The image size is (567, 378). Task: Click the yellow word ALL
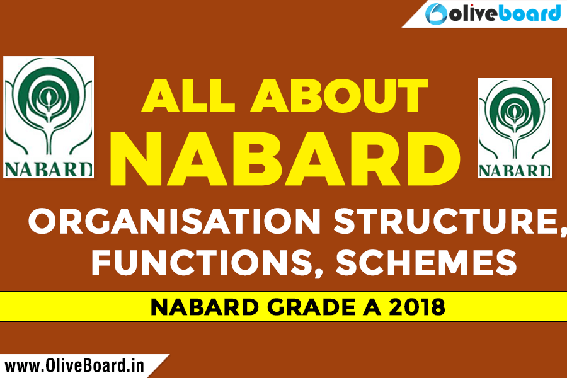pyautogui.click(x=188, y=95)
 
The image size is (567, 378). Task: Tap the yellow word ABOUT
pyautogui.click(x=340, y=95)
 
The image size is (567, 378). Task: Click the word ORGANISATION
pyautogui.click(x=175, y=220)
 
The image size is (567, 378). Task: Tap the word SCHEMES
pyautogui.click(x=426, y=263)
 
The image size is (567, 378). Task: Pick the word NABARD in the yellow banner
pyautogui.click(x=205, y=307)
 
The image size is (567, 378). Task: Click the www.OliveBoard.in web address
pyautogui.click(x=74, y=365)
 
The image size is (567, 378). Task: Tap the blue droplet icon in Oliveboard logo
pyautogui.click(x=436, y=14)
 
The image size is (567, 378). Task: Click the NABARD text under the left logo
pyautogui.click(x=48, y=169)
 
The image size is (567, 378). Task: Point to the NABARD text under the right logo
pyautogui.click(x=515, y=170)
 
